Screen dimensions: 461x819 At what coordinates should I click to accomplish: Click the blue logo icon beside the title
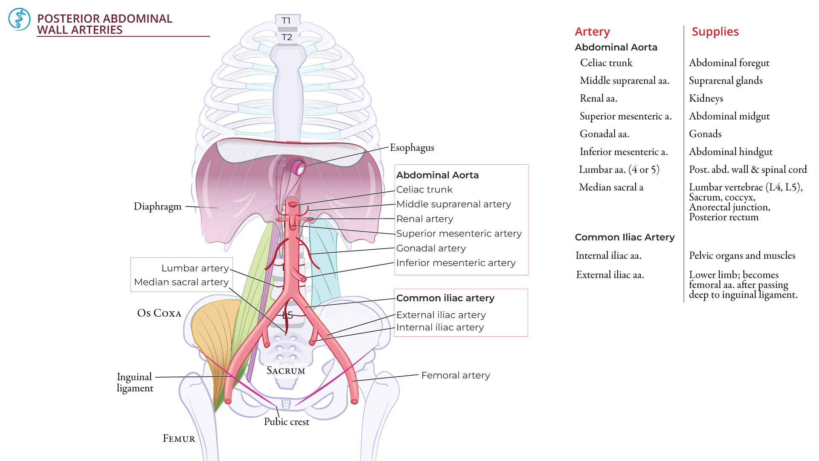[x=19, y=19]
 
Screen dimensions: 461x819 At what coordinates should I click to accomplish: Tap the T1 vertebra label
[x=286, y=20]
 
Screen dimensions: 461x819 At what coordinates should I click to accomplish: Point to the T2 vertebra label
[x=287, y=37]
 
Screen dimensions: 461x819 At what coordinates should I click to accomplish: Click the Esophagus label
[x=412, y=148]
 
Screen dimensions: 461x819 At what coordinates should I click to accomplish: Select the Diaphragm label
[x=157, y=207]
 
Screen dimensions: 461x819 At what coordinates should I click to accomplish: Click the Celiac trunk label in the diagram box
[x=424, y=190]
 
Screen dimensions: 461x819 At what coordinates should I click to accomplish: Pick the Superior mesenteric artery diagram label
[x=459, y=233]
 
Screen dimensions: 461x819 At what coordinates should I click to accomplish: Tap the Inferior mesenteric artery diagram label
[x=456, y=263]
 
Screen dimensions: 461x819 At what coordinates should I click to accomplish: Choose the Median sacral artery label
[x=181, y=282]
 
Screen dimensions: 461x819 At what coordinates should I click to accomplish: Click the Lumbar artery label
[x=195, y=268]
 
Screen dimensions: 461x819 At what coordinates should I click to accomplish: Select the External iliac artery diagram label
[x=441, y=315]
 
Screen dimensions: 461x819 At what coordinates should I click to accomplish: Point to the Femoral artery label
[x=455, y=375]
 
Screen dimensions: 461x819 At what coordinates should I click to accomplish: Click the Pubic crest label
[x=286, y=422]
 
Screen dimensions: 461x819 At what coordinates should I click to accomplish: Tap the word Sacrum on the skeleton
[x=286, y=371]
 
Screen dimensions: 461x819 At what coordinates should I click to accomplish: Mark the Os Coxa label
[x=159, y=313]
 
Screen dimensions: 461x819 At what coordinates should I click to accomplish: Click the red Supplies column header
[x=715, y=32]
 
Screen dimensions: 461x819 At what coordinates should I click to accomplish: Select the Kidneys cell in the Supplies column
[x=706, y=99]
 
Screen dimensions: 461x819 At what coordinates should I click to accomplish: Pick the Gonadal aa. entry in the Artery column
[x=604, y=134]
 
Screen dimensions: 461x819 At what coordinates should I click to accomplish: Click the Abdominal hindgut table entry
[x=730, y=152]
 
